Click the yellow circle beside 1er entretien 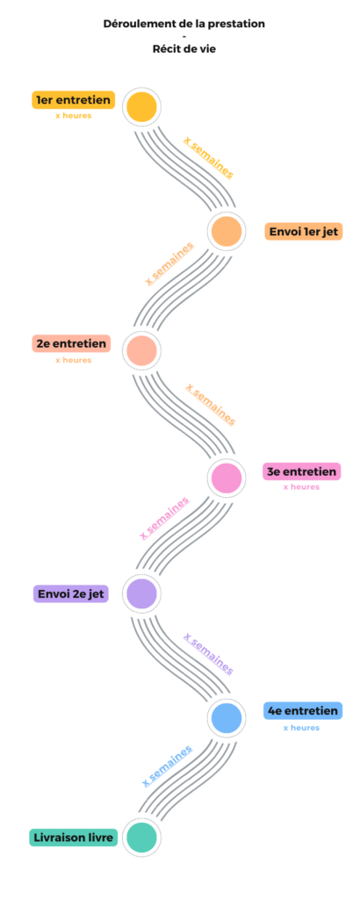coord(141,106)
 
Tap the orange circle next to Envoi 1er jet coord(227,232)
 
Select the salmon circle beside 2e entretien coord(141,350)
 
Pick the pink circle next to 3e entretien coord(227,478)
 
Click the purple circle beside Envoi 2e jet coord(141,593)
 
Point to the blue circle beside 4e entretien coord(227,718)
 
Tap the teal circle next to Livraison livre coord(141,837)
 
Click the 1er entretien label coord(74,100)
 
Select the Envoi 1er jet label coord(303,232)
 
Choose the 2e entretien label coord(71,343)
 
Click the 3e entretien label coord(301,471)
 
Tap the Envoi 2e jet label coord(71,593)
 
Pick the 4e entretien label coord(303,711)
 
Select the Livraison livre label coord(72,837)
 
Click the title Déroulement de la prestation coord(184,24)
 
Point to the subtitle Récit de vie coord(184,49)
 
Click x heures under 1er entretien coord(74,115)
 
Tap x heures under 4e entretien coord(301,728)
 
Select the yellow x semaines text coord(208,157)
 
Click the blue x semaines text coord(167,766)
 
